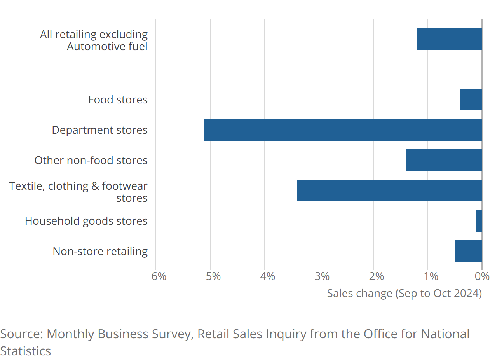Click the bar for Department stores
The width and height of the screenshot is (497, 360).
[343, 130]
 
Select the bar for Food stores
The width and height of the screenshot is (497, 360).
[471, 100]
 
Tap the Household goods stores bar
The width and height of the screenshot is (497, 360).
[479, 221]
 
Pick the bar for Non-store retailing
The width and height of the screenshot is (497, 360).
[468, 251]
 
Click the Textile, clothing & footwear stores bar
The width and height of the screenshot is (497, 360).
[389, 190]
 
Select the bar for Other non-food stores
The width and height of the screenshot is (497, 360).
[443, 160]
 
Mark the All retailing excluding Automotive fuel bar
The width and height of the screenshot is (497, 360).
[449, 39]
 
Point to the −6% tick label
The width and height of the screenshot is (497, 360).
[155, 276]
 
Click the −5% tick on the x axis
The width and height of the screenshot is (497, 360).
[210, 276]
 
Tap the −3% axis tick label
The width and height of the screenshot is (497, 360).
[319, 276]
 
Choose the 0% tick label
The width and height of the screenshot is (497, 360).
[482, 276]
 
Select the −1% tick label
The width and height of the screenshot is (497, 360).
[427, 276]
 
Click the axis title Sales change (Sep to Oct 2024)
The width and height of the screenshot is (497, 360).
[404, 293]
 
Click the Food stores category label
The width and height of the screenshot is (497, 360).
[118, 100]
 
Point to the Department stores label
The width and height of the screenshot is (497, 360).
[99, 130]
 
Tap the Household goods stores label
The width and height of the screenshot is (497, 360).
[86, 221]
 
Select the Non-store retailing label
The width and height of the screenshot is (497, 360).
[100, 252]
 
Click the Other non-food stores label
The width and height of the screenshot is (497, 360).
[91, 161]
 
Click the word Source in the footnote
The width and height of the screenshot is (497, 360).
[21, 334]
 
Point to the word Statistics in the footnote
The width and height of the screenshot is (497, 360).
[25, 351]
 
